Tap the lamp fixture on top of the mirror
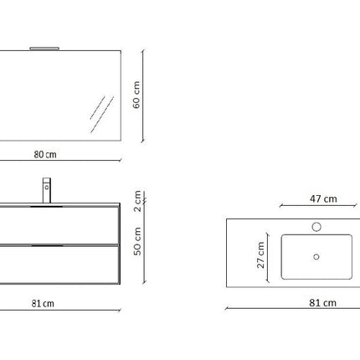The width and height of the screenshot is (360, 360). [x=41, y=49]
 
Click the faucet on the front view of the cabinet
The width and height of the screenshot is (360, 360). [x=46, y=190]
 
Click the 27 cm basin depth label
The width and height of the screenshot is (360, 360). [x=260, y=256]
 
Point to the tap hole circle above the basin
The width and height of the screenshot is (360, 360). [x=316, y=226]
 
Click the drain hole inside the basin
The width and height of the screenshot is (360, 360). [x=316, y=257]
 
